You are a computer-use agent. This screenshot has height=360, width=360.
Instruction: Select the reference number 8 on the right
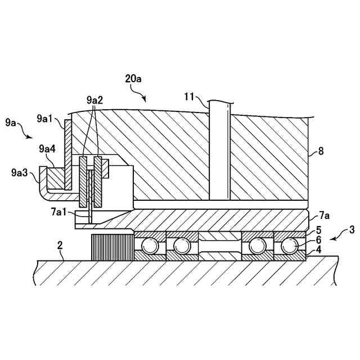pyautogui.click(x=321, y=151)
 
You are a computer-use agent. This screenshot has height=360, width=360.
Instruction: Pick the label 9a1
pyautogui.click(x=44, y=119)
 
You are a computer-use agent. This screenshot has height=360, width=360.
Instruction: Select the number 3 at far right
pyautogui.click(x=352, y=229)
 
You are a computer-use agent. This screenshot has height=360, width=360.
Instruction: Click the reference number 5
pyautogui.click(x=318, y=229)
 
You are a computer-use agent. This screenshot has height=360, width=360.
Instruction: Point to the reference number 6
pyautogui.click(x=318, y=240)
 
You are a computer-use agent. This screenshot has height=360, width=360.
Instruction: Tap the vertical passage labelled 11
pyautogui.click(x=219, y=152)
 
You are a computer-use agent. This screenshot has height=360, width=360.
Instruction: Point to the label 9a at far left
pyautogui.click(x=10, y=121)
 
